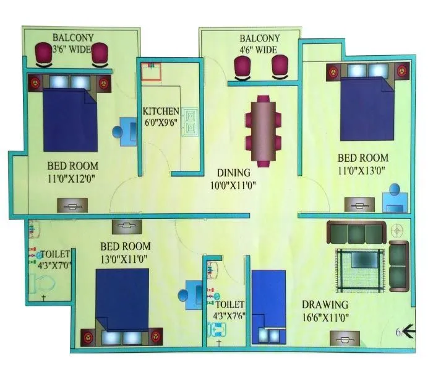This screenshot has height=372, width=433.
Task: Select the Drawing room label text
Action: coord(325,311)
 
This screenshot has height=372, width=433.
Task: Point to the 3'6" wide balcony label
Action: coord(73,42)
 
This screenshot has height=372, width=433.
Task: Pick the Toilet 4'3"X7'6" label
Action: coord(230,309)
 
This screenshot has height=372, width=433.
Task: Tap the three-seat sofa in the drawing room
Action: coord(356,233)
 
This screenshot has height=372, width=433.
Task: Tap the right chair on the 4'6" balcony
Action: coord(280,67)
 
